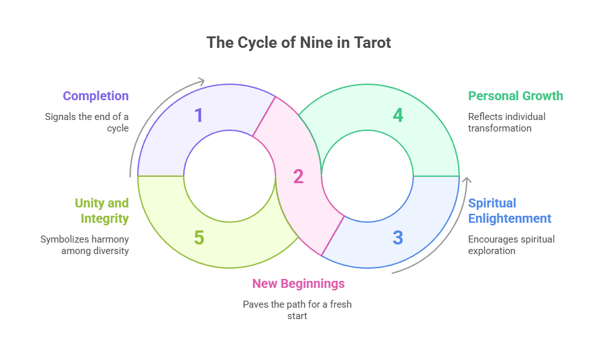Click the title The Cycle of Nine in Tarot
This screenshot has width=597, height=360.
298,43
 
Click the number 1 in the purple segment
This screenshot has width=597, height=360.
199,116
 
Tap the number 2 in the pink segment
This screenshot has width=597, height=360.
298,176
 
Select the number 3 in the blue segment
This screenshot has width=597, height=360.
398,237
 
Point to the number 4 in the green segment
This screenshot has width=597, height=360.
398,116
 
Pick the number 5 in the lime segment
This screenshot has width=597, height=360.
199,237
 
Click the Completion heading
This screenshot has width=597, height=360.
96,96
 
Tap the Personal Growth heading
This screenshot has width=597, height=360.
515,96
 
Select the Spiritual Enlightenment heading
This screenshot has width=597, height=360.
510,211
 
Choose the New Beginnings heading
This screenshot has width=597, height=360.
298,283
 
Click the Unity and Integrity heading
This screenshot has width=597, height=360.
101,211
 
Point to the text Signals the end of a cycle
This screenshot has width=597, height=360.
87,122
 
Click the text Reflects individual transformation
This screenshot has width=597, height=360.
506,122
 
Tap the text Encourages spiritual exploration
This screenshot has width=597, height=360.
512,244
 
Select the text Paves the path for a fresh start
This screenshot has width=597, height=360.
297,310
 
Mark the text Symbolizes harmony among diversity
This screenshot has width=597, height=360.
85,244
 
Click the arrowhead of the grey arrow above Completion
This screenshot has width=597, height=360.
202,81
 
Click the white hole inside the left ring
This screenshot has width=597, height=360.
230,176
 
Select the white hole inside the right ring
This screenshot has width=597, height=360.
367,176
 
